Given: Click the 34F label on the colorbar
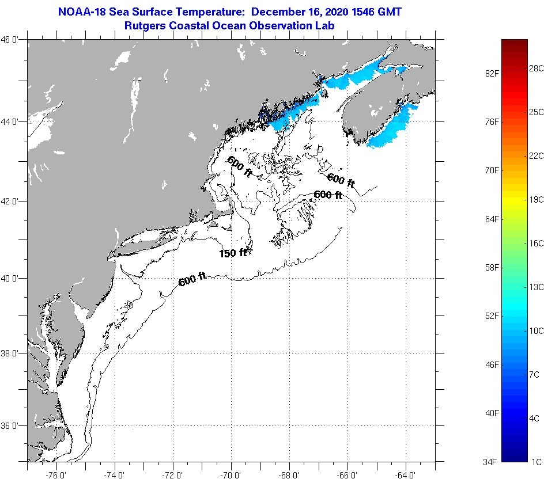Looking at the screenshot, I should (490, 461).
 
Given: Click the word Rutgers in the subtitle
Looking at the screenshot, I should (143, 26).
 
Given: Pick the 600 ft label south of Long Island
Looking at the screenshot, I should (192, 280).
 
